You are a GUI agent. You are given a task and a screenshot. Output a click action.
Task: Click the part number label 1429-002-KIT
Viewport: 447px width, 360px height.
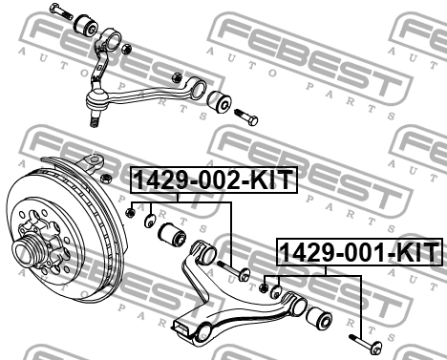tap(212, 180)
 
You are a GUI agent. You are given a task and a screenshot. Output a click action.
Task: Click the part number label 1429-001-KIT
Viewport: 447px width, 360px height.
tap(359, 254)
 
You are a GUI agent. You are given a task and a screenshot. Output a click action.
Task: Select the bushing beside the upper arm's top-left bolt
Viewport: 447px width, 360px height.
tap(94, 24)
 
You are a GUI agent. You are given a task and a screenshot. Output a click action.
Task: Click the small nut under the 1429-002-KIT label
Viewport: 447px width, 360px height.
tap(130, 211)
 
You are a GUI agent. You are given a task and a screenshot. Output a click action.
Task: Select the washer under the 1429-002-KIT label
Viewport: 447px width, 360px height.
tap(149, 222)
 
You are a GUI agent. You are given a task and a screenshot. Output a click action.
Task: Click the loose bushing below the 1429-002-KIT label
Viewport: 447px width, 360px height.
tap(174, 233)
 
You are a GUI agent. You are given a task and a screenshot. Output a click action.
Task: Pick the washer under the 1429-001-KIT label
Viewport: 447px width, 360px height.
tap(275, 293)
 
